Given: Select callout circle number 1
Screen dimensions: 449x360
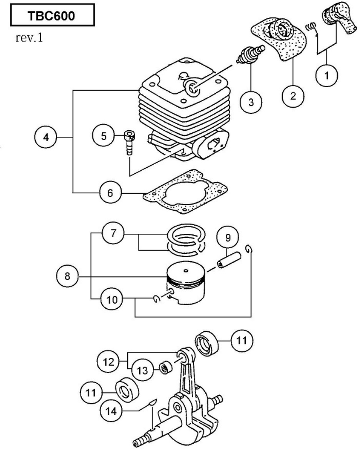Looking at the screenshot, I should pyautogui.click(x=326, y=75).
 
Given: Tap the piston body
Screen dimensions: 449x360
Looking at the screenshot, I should pyautogui.click(x=187, y=284).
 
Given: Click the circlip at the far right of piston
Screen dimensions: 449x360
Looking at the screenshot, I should pyautogui.click(x=250, y=250).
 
